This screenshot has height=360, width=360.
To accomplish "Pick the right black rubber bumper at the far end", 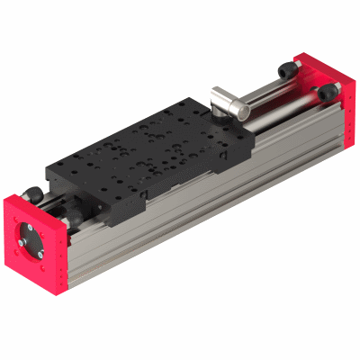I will (331, 91).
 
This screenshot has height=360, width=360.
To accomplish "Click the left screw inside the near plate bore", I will (19, 244).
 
